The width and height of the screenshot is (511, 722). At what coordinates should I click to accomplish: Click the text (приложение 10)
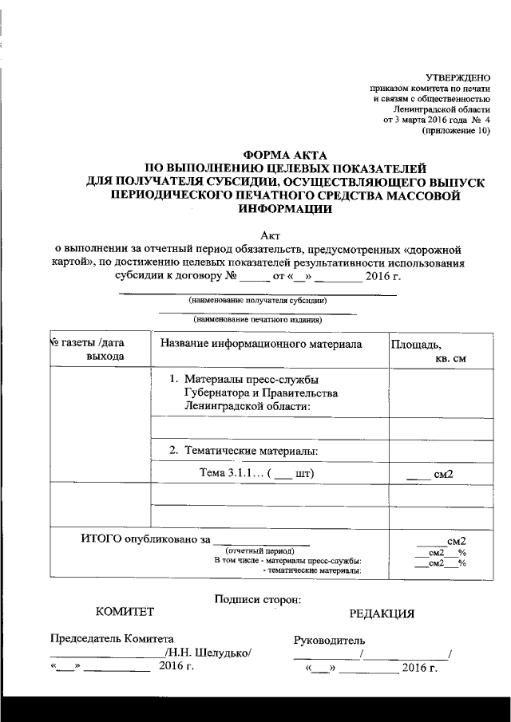point(456,130)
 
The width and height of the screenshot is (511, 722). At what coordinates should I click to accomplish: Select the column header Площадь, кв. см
point(429,351)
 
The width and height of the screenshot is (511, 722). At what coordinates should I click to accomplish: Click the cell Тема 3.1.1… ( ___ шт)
point(255,474)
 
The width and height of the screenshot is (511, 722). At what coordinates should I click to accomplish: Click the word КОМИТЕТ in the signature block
point(125,612)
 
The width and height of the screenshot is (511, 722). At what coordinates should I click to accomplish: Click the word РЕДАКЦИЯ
point(382,614)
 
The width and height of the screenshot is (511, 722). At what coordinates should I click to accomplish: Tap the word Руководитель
point(330,641)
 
